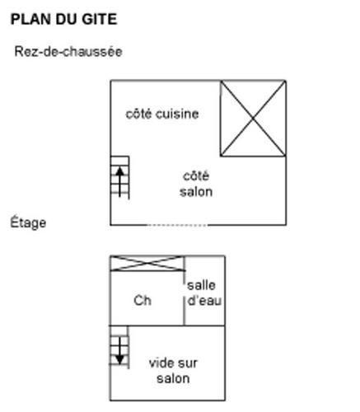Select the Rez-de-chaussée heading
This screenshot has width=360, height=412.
pos(68,52)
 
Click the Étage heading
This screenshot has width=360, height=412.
pos(28,222)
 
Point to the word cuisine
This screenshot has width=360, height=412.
pos(177,114)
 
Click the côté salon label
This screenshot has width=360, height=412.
pos(196,184)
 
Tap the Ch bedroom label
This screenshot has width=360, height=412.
pos(143,301)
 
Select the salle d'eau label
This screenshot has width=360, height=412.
pos(204,293)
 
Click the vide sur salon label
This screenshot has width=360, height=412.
pos(173,371)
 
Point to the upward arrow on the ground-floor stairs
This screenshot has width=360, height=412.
pos(119,182)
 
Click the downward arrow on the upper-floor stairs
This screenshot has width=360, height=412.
pos(119,351)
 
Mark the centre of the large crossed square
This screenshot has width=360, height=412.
pos(253,119)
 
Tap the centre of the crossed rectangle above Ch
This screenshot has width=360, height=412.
pos(147,263)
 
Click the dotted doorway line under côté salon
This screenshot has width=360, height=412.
pos(177,225)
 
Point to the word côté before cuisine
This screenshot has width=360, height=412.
pos(138,114)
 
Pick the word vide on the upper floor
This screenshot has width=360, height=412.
pos(161,363)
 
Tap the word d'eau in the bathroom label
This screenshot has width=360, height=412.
pos(204,301)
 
